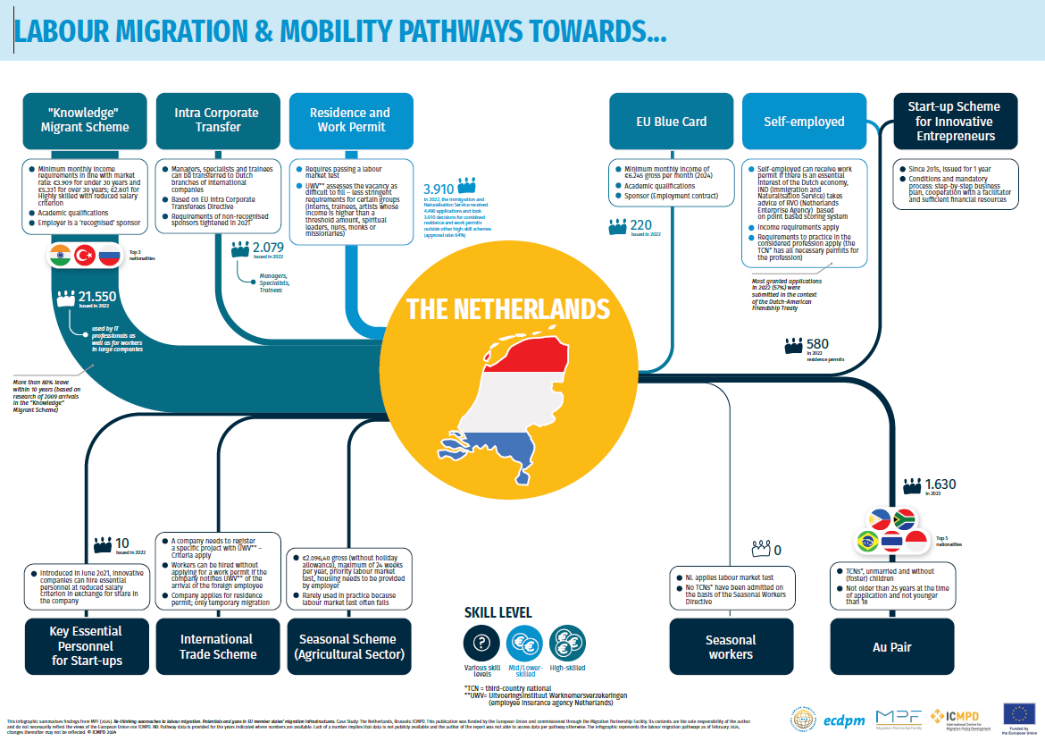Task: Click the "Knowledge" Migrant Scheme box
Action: point(85,120)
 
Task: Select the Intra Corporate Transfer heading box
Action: point(218,120)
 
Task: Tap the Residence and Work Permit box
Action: point(350,120)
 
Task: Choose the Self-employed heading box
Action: point(804,122)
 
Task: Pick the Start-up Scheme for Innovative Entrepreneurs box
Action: point(955,121)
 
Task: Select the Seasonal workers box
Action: point(731,646)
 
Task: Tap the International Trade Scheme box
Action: point(218,646)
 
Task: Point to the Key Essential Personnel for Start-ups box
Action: point(87,645)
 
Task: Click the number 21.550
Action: point(97,296)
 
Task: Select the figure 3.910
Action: point(439,189)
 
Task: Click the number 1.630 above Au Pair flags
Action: point(940,484)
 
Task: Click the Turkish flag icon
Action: point(85,256)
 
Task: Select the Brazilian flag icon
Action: point(866,542)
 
